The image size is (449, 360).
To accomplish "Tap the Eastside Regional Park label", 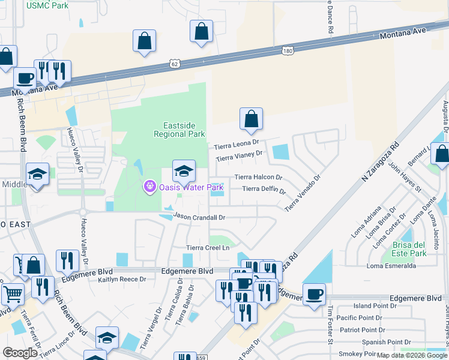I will pyautogui.click(x=184, y=130).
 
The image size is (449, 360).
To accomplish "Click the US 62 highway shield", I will pyautogui.click(x=174, y=62).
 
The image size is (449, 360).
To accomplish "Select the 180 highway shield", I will pyautogui.click(x=288, y=51).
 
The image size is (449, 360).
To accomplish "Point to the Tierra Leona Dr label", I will pyautogui.click(x=237, y=145).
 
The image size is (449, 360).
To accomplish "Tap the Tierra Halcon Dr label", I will pyautogui.click(x=258, y=177).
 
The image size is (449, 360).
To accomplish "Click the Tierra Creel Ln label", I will pyautogui.click(x=208, y=247).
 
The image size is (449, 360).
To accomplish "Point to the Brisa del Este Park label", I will pyautogui.click(x=409, y=249).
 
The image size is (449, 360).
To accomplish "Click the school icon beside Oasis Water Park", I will pyautogui.click(x=184, y=171).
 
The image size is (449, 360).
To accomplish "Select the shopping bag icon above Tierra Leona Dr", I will pyautogui.click(x=251, y=119).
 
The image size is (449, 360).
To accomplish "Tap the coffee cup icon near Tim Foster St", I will pyautogui.click(x=314, y=294).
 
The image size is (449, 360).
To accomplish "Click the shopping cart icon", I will pyautogui.click(x=13, y=294).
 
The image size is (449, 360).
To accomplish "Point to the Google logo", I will pyautogui.click(x=20, y=353).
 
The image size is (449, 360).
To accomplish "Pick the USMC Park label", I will pyautogui.click(x=47, y=5).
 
